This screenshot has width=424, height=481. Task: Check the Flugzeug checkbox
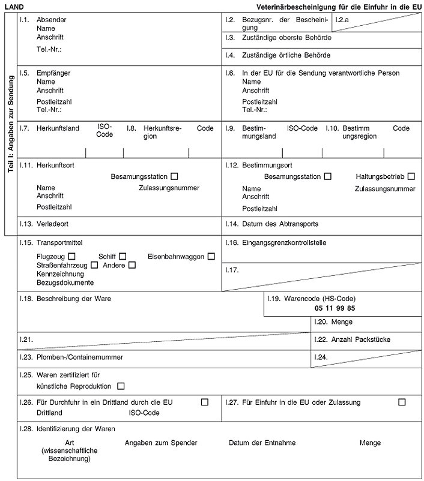click(72, 257)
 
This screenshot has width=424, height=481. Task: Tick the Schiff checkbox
click(123, 257)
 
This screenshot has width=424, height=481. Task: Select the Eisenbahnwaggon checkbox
click(211, 257)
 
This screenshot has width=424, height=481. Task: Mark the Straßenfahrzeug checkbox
click(95, 265)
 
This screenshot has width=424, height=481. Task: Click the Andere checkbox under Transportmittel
click(132, 265)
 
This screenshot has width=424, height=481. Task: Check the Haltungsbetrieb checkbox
click(411, 176)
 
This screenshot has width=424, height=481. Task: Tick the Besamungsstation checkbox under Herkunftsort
click(174, 176)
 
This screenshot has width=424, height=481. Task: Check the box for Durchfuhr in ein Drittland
click(205, 402)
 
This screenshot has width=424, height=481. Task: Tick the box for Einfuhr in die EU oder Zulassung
click(402, 402)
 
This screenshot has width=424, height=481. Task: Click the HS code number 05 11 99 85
click(335, 308)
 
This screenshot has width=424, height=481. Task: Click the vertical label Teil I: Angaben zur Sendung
click(11, 124)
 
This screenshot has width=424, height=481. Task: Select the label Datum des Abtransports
click(280, 224)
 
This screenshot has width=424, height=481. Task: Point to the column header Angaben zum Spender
click(161, 443)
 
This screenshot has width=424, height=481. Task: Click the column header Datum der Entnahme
click(262, 443)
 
